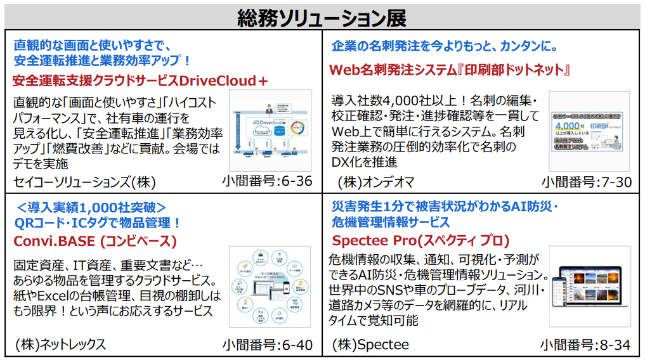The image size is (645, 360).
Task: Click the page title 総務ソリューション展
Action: pyautogui.click(x=322, y=16)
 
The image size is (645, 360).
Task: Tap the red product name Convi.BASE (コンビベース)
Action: pyautogui.click(x=95, y=241)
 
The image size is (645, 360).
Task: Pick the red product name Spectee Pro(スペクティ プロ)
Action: pyautogui.click(x=420, y=241)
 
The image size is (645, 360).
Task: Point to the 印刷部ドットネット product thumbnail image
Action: pyautogui.click(x=589, y=132)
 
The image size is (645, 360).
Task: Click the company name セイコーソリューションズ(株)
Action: pyautogui.click(x=85, y=183)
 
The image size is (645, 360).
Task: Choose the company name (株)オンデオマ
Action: pyautogui.click(x=376, y=183)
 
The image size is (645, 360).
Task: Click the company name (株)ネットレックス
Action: pyautogui.click(x=61, y=345)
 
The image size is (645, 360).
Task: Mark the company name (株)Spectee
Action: pyautogui.click(x=370, y=345)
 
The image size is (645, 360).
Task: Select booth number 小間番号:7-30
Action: pyautogui.click(x=587, y=183)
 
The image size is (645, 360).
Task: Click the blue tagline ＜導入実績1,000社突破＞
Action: pyautogui.click(x=92, y=207)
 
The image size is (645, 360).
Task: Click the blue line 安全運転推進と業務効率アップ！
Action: pyautogui.click(x=102, y=61)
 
